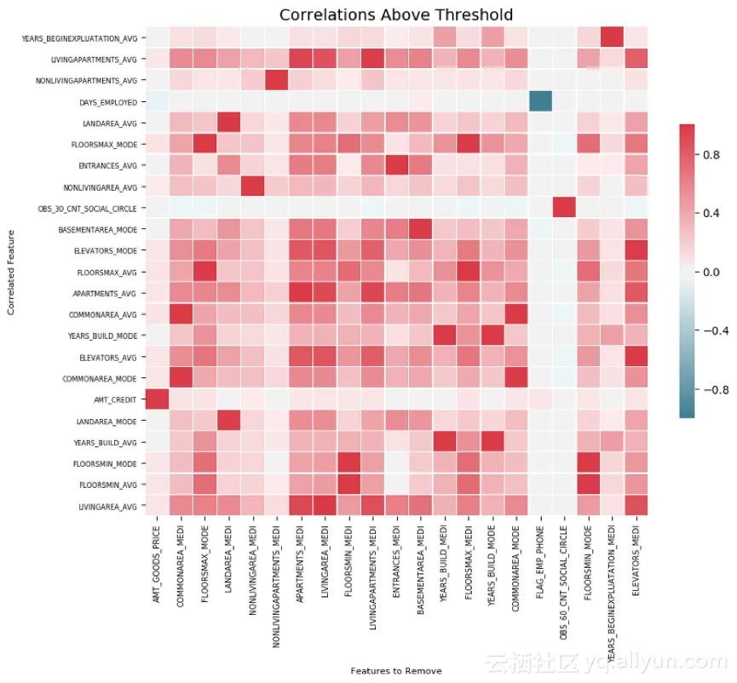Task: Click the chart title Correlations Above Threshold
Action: tap(396, 14)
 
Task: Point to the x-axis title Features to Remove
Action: tap(396, 670)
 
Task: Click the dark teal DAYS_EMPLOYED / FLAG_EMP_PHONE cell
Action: tap(538, 101)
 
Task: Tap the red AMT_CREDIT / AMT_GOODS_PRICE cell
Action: tap(157, 399)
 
